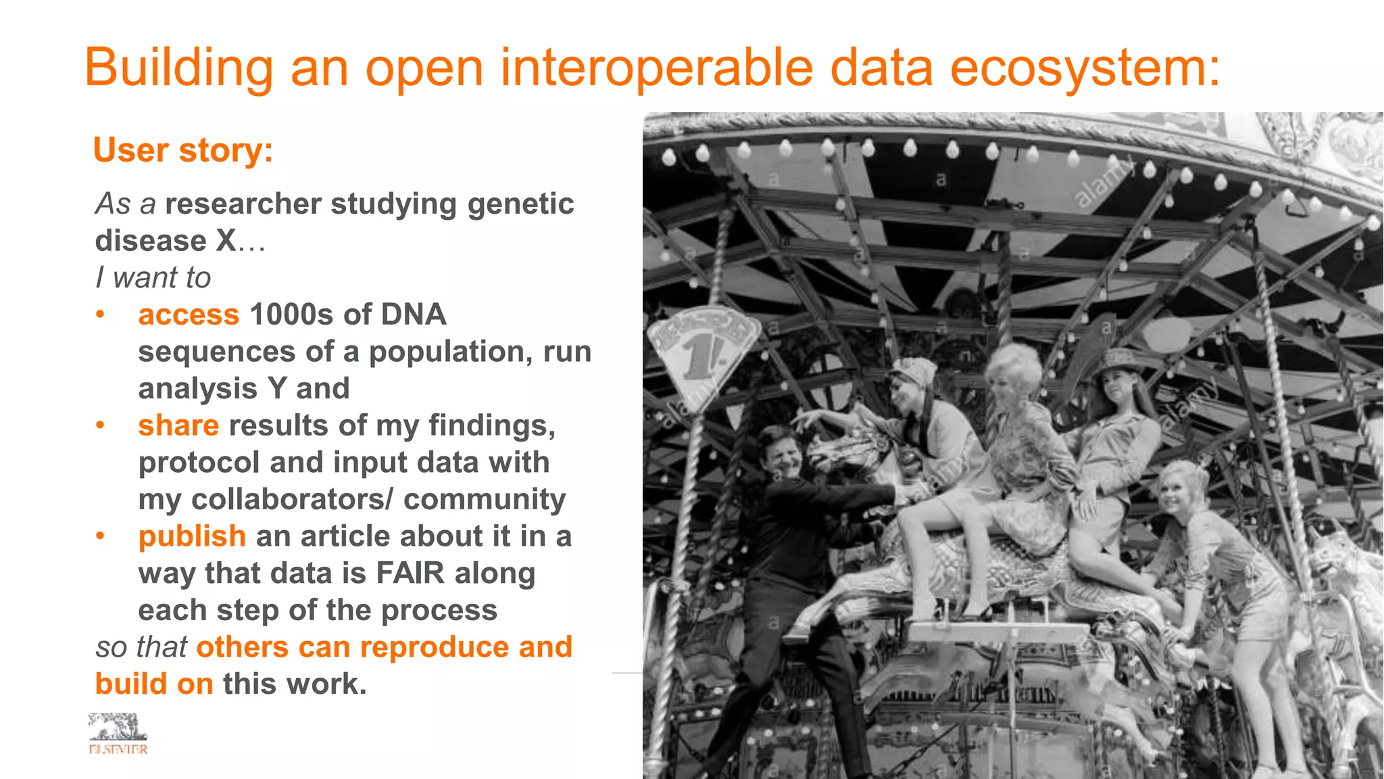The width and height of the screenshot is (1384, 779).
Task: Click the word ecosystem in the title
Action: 1085,68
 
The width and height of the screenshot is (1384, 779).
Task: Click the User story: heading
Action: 183,149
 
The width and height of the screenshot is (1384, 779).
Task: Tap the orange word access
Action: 189,314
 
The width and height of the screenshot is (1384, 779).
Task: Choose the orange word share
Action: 178,425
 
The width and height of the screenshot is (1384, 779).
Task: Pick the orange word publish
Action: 192,536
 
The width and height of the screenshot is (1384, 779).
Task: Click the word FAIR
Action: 410,573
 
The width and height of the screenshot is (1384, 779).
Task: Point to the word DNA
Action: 413,314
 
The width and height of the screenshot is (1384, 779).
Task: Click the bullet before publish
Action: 100,536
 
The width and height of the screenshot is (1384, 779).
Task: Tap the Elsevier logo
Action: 118,733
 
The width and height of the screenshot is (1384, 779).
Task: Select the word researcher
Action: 243,204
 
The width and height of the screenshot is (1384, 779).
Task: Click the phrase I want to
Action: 153,277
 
